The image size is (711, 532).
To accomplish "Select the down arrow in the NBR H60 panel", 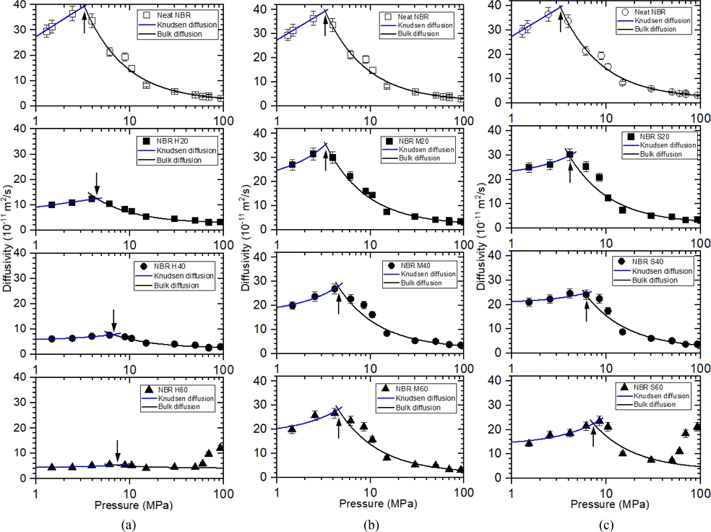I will [x=118, y=451].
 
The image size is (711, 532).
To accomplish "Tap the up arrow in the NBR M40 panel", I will [x=339, y=303].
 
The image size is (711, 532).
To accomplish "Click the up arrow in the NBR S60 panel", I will [x=593, y=436].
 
